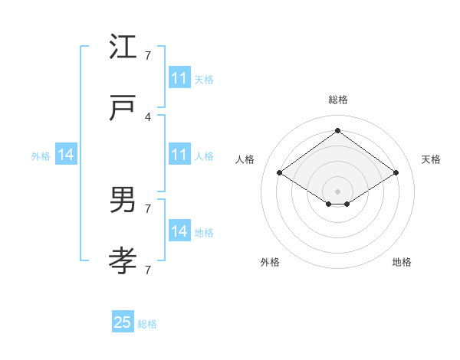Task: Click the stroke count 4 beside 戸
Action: (x=148, y=117)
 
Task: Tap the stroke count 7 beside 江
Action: (x=148, y=56)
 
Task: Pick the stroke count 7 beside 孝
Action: (x=148, y=270)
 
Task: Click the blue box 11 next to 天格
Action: (x=179, y=78)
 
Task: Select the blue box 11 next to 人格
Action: (x=179, y=155)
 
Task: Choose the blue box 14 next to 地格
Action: (x=179, y=231)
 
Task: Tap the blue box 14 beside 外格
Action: (x=66, y=155)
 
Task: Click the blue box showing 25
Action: (x=123, y=322)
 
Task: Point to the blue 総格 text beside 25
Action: (x=147, y=324)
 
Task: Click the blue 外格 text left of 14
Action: (x=41, y=156)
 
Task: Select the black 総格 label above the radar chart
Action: (x=338, y=100)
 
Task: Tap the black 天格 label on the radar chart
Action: (x=432, y=159)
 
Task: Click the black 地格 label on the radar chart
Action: (x=402, y=262)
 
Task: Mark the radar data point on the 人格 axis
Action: (x=280, y=173)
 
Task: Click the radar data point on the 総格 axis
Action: (x=337, y=130)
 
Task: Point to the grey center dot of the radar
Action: (x=337, y=191)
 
